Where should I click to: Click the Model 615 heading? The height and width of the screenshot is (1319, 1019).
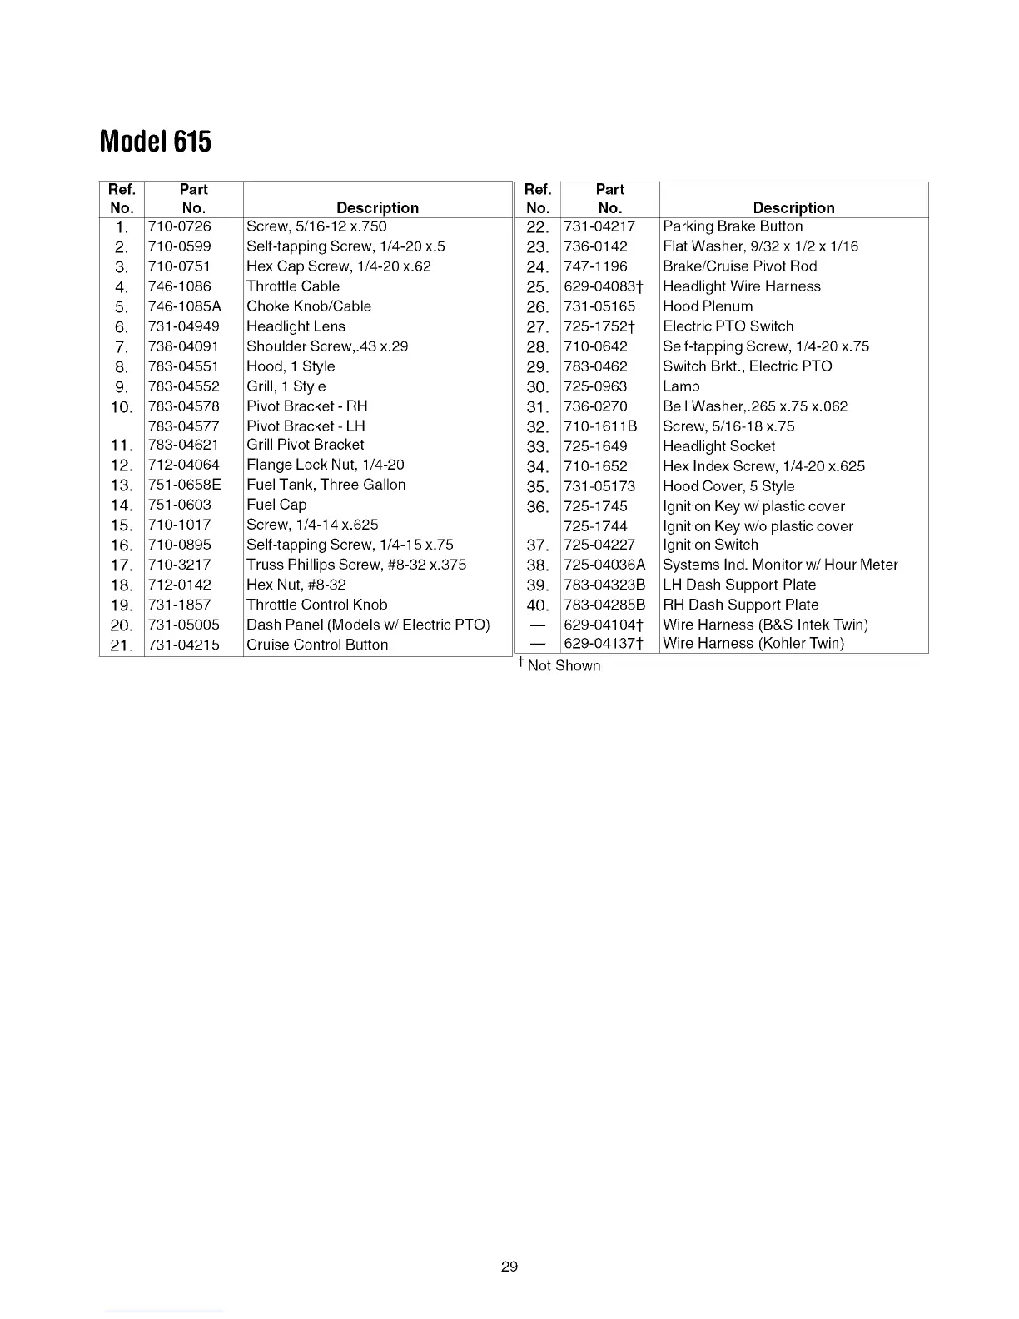coord(156,142)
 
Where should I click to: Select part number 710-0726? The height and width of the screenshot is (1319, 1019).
coord(179,226)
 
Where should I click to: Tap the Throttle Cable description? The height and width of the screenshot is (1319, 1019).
coord(293,286)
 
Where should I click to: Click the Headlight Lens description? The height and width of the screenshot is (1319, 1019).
coord(296,326)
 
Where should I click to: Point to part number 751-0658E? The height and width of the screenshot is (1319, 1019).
coord(184,485)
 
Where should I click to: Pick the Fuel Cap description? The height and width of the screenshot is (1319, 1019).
coord(276,505)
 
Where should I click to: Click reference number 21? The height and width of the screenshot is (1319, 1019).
coord(122,645)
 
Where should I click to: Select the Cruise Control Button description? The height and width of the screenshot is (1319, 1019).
coord(317,645)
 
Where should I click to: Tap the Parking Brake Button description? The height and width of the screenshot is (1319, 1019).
coord(733,226)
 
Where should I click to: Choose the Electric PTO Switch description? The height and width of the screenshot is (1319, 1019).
coord(728,326)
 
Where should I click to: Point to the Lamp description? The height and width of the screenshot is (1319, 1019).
coord(681,386)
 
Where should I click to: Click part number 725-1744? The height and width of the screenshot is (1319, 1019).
coord(595,526)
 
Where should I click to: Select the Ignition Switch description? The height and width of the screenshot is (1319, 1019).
coord(710,545)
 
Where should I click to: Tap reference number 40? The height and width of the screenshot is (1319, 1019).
coord(538,605)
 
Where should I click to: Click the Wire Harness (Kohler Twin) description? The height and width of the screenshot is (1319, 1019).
coord(753,643)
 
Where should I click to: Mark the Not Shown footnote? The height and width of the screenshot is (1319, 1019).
coord(559,665)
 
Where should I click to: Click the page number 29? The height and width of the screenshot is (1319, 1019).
coord(509,1267)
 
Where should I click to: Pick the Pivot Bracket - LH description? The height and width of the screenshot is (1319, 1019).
coord(306,426)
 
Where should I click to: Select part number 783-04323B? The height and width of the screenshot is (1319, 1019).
coord(604,585)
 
